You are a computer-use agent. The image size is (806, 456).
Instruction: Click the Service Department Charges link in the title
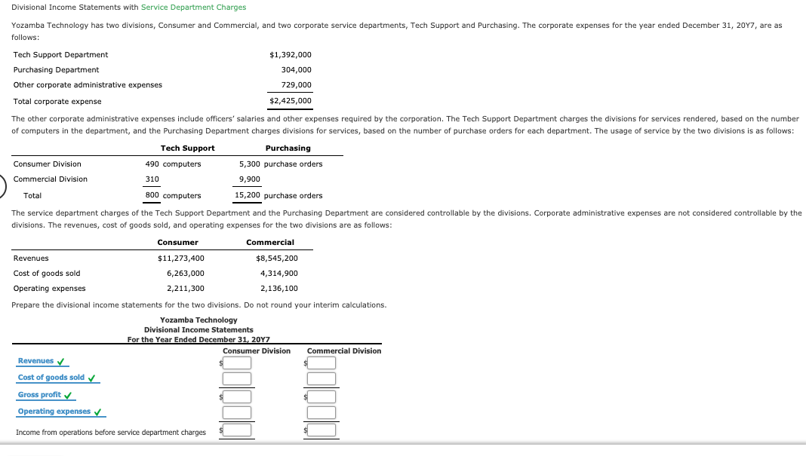click(x=193, y=8)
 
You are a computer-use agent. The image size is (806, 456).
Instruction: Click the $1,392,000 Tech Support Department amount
click(x=290, y=55)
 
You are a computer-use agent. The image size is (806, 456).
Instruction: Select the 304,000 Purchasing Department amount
click(x=296, y=70)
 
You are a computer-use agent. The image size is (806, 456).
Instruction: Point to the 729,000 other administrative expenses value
click(x=296, y=85)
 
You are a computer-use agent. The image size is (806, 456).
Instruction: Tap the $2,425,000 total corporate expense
click(x=290, y=101)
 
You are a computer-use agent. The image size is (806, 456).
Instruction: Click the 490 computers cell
click(x=173, y=164)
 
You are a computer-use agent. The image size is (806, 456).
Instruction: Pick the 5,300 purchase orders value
click(x=280, y=164)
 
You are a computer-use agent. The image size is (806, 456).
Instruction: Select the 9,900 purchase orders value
click(x=249, y=179)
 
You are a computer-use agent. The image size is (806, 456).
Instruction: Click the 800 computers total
click(x=173, y=196)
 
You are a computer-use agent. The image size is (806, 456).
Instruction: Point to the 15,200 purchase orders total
click(x=278, y=196)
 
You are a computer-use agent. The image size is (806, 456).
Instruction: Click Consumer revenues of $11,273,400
click(x=180, y=259)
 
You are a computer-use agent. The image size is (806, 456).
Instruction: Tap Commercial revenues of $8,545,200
click(x=276, y=259)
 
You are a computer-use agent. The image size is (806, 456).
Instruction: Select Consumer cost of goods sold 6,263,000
click(x=185, y=274)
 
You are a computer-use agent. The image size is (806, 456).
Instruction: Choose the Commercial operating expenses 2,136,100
click(x=278, y=289)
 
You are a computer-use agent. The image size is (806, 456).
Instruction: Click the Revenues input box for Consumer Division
click(x=237, y=363)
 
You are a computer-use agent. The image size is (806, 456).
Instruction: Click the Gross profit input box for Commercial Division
click(x=321, y=397)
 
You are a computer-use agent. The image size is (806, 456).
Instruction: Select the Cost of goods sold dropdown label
click(x=51, y=378)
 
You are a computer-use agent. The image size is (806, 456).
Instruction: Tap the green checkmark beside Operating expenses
click(x=98, y=412)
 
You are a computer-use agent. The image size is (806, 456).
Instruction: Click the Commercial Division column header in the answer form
click(x=344, y=351)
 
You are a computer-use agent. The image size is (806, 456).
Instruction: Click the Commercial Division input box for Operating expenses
click(x=321, y=412)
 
